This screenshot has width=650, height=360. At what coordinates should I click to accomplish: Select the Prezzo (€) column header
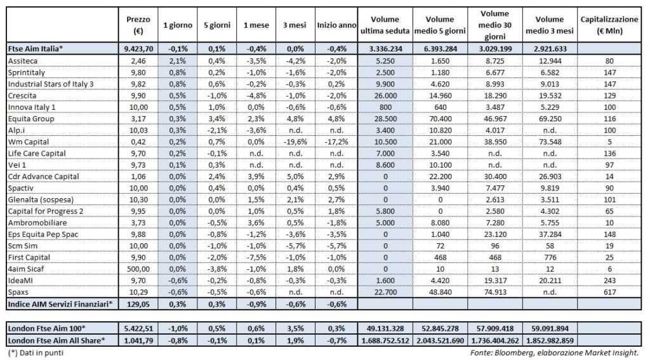tap(138, 25)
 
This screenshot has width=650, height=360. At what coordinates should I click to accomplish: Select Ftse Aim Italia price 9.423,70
tap(138, 48)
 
